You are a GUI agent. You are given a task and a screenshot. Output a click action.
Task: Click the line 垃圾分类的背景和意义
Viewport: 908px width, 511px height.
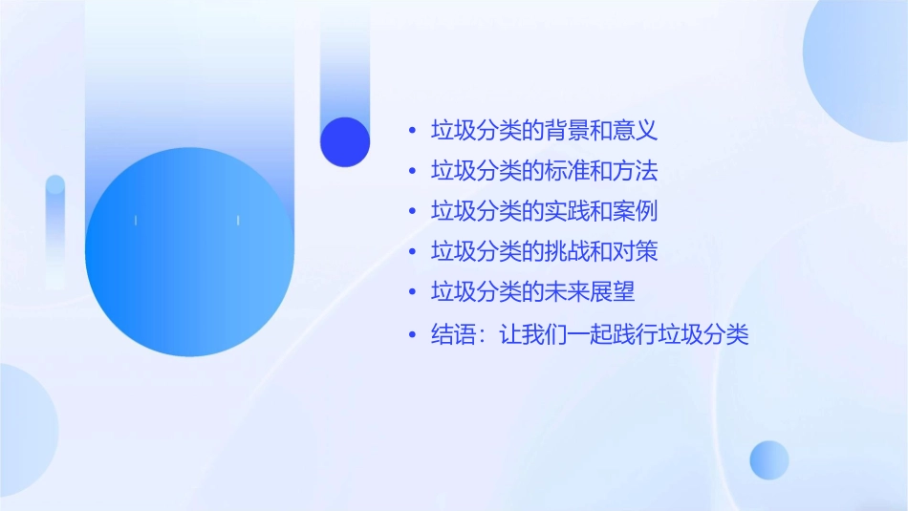pos(544,130)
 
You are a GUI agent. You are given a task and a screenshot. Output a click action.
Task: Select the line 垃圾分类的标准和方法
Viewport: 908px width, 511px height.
pos(544,171)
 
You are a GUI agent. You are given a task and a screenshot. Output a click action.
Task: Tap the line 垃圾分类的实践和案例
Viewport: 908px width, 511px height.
pos(544,211)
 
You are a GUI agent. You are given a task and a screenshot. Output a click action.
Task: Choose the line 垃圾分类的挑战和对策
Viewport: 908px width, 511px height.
pos(544,252)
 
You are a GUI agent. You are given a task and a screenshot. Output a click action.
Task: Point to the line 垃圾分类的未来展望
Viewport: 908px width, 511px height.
pos(532,292)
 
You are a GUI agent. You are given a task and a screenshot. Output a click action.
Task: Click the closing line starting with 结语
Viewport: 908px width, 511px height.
pos(589,335)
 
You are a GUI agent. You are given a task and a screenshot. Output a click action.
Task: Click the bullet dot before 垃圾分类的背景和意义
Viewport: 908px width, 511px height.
pos(412,131)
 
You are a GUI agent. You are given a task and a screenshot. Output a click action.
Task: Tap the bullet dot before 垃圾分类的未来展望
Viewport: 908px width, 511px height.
pos(412,293)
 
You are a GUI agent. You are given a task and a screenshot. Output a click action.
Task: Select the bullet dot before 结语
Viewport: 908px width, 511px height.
pos(412,336)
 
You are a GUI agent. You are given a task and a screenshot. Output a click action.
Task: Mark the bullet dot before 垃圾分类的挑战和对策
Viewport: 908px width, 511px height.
pos(412,253)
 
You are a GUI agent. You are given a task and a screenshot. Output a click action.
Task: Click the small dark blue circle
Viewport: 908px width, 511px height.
pos(345,141)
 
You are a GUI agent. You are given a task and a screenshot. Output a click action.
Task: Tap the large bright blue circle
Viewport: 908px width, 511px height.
pos(189,252)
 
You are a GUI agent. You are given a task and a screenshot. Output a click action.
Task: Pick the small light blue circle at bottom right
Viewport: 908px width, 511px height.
pos(769,459)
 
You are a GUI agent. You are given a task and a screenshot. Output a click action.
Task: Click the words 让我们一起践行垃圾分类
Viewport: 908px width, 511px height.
pos(623,335)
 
